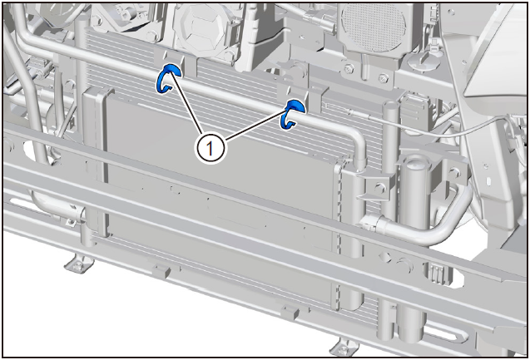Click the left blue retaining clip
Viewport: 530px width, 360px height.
pos(168,77)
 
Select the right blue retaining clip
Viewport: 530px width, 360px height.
pos(292,114)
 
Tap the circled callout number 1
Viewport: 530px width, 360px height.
pos(210,148)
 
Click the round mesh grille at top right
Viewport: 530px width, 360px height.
pos(373,27)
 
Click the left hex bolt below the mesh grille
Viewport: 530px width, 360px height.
pos(349,70)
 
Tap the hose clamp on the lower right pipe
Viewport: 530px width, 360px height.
pos(371,223)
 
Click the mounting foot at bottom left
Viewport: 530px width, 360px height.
pos(78,264)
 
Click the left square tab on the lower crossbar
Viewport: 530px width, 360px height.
pos(161,270)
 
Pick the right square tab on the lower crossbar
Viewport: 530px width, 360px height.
pos(290,313)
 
